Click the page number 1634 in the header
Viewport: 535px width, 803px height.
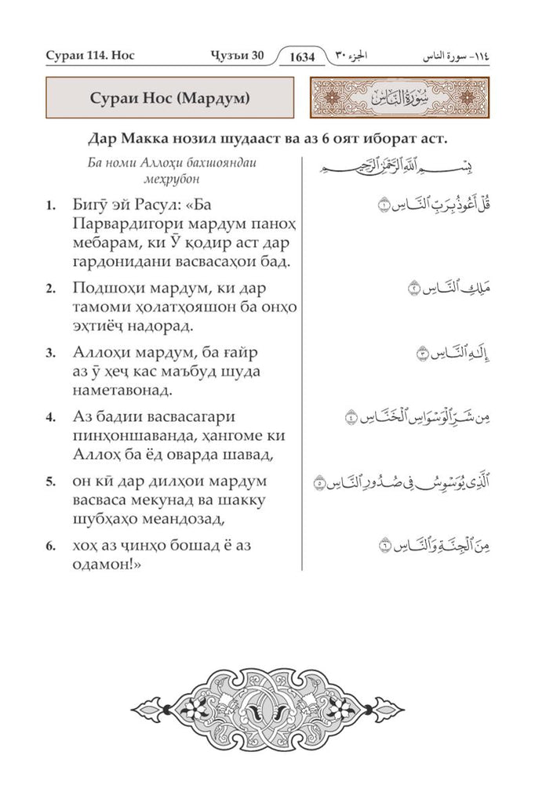point(306,57)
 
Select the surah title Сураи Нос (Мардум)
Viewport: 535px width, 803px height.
point(166,100)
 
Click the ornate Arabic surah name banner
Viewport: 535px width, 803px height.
point(400,100)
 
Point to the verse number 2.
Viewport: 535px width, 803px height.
point(50,288)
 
